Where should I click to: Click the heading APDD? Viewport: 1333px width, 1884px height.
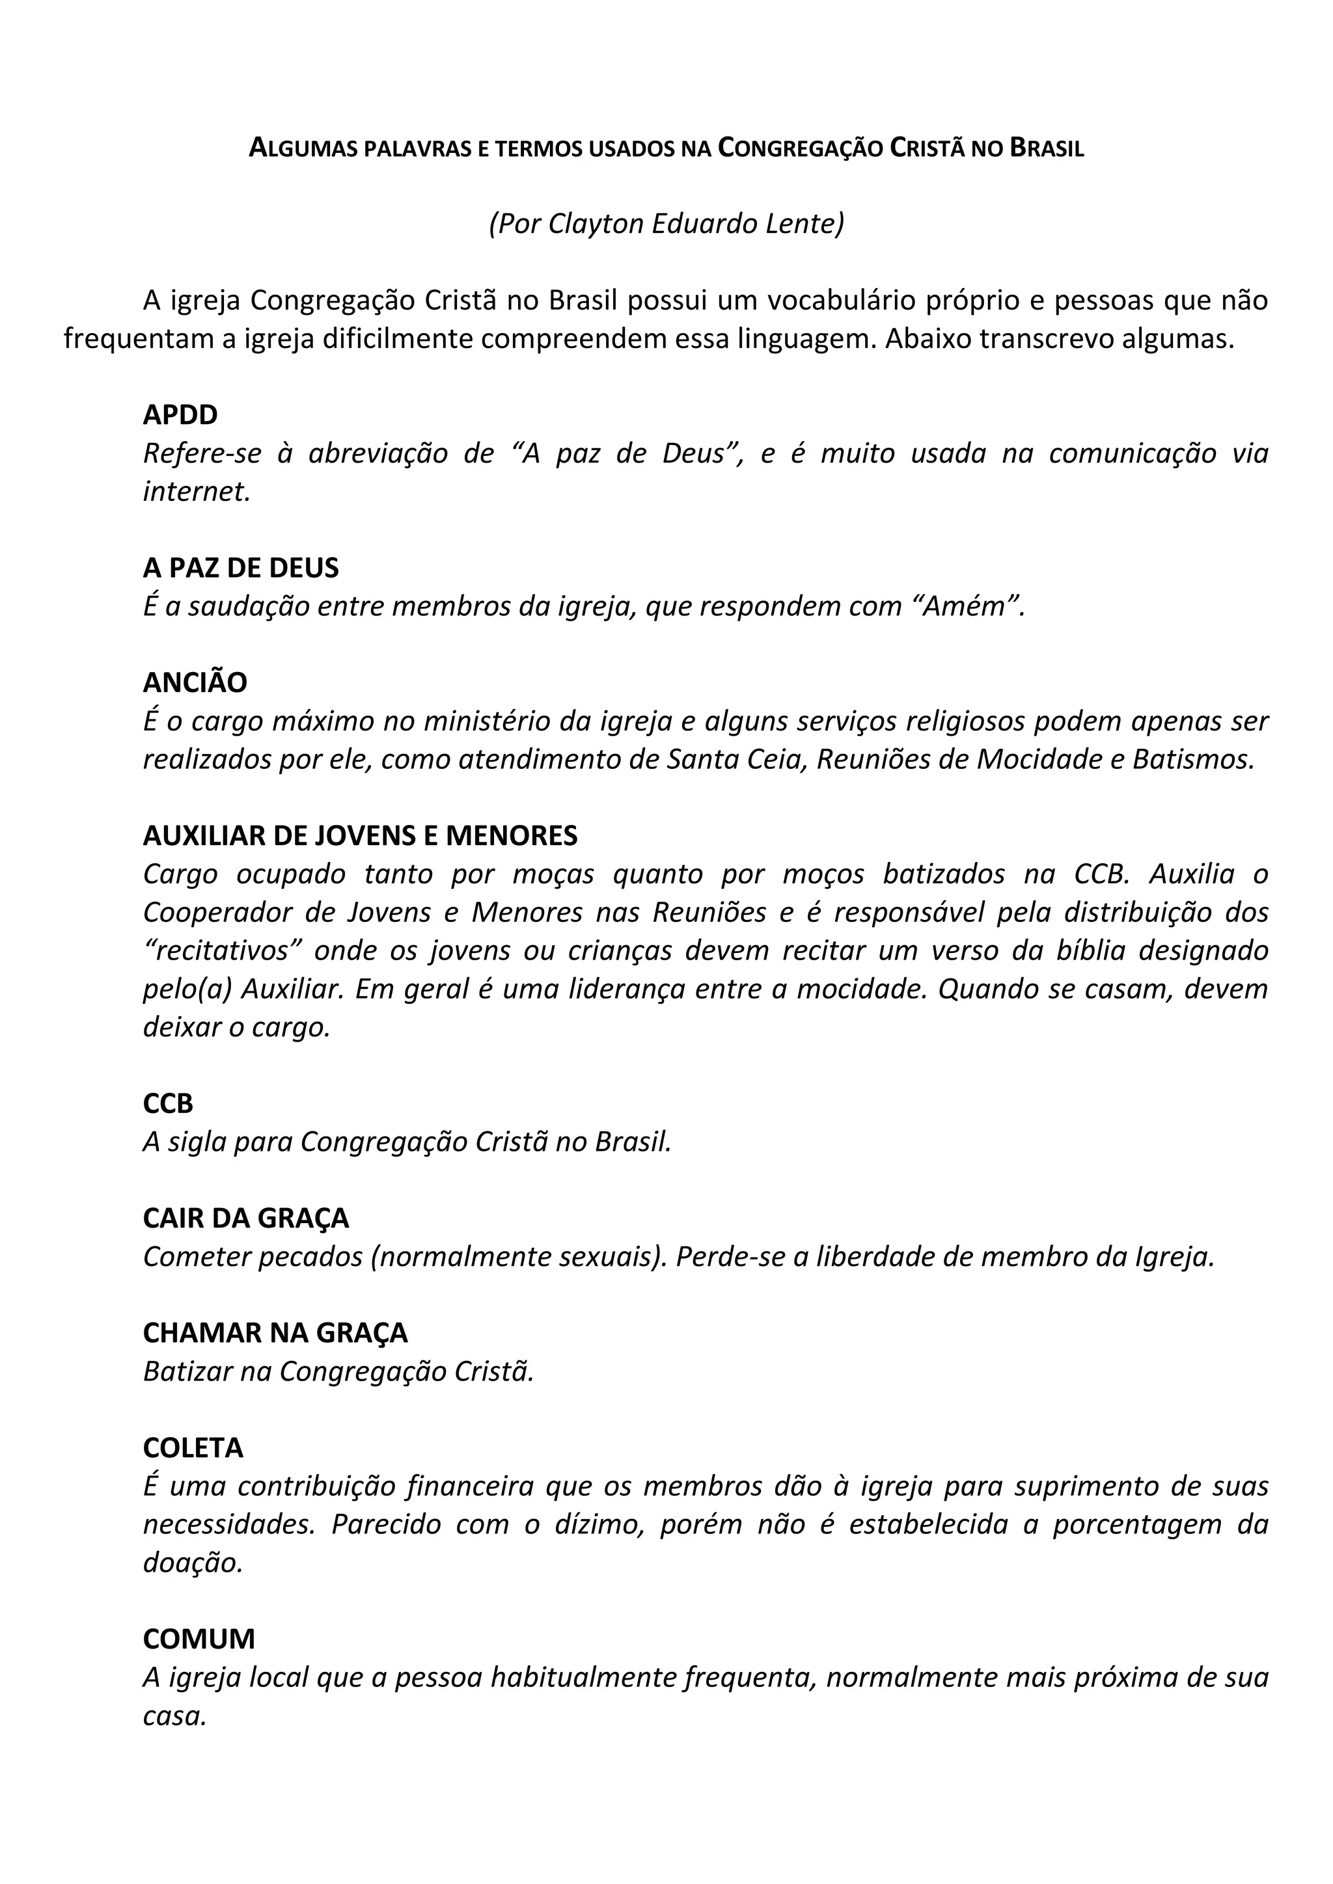click(180, 415)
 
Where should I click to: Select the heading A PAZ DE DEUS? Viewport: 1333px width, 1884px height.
click(240, 568)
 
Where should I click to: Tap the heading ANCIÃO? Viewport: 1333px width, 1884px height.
click(195, 682)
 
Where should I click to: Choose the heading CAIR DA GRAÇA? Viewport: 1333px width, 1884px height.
click(245, 1218)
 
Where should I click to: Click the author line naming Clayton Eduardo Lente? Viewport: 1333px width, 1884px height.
click(666, 223)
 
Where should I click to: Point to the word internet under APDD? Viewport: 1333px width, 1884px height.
click(195, 492)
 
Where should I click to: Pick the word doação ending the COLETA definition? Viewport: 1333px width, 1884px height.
click(192, 1563)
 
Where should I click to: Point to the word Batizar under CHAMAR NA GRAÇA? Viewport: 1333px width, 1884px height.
click(186, 1372)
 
